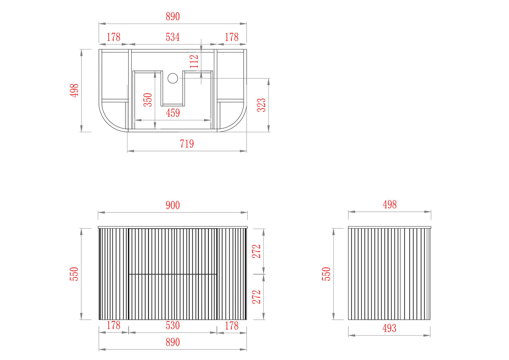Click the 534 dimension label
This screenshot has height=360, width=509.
pos(172,37)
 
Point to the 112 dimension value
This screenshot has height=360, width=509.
pos(194,61)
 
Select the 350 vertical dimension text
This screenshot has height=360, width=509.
pos(148,100)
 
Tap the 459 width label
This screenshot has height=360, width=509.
pos(172,113)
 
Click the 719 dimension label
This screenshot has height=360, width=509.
pos(187,144)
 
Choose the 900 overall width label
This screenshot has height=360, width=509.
pos(172,205)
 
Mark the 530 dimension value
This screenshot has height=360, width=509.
pos(172,325)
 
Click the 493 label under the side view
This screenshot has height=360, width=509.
pos(389,328)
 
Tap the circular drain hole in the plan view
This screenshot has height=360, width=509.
pos(173,78)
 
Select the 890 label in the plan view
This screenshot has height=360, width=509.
pos(172,16)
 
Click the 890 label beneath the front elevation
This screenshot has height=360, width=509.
pos(172,342)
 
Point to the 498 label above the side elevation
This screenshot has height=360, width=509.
pos(389,205)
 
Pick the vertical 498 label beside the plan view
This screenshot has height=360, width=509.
pos(74,91)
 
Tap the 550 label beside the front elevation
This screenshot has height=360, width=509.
pos(74,274)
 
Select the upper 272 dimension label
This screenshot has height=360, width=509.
pos(257,251)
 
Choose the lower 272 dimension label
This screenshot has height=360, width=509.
pos(257,297)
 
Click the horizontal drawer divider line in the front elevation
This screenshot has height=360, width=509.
pos(172,274)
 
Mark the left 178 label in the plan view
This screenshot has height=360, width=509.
pos(113,37)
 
